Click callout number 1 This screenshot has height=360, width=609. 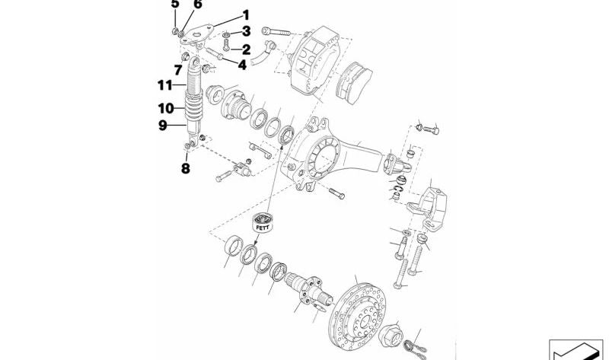pyautogui.click(x=246, y=14)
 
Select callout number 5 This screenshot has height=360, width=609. pyautogui.click(x=175, y=4)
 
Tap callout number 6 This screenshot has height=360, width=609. pyautogui.click(x=198, y=5)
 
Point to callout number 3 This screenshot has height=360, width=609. pyautogui.click(x=246, y=31)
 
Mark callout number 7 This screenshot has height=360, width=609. pyautogui.click(x=177, y=71)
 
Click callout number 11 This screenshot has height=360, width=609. pyautogui.click(x=166, y=84)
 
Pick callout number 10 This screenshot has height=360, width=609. pyautogui.click(x=166, y=108)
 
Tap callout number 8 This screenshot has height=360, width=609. pyautogui.click(x=185, y=168)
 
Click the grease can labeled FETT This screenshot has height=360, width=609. pyautogui.click(x=264, y=223)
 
